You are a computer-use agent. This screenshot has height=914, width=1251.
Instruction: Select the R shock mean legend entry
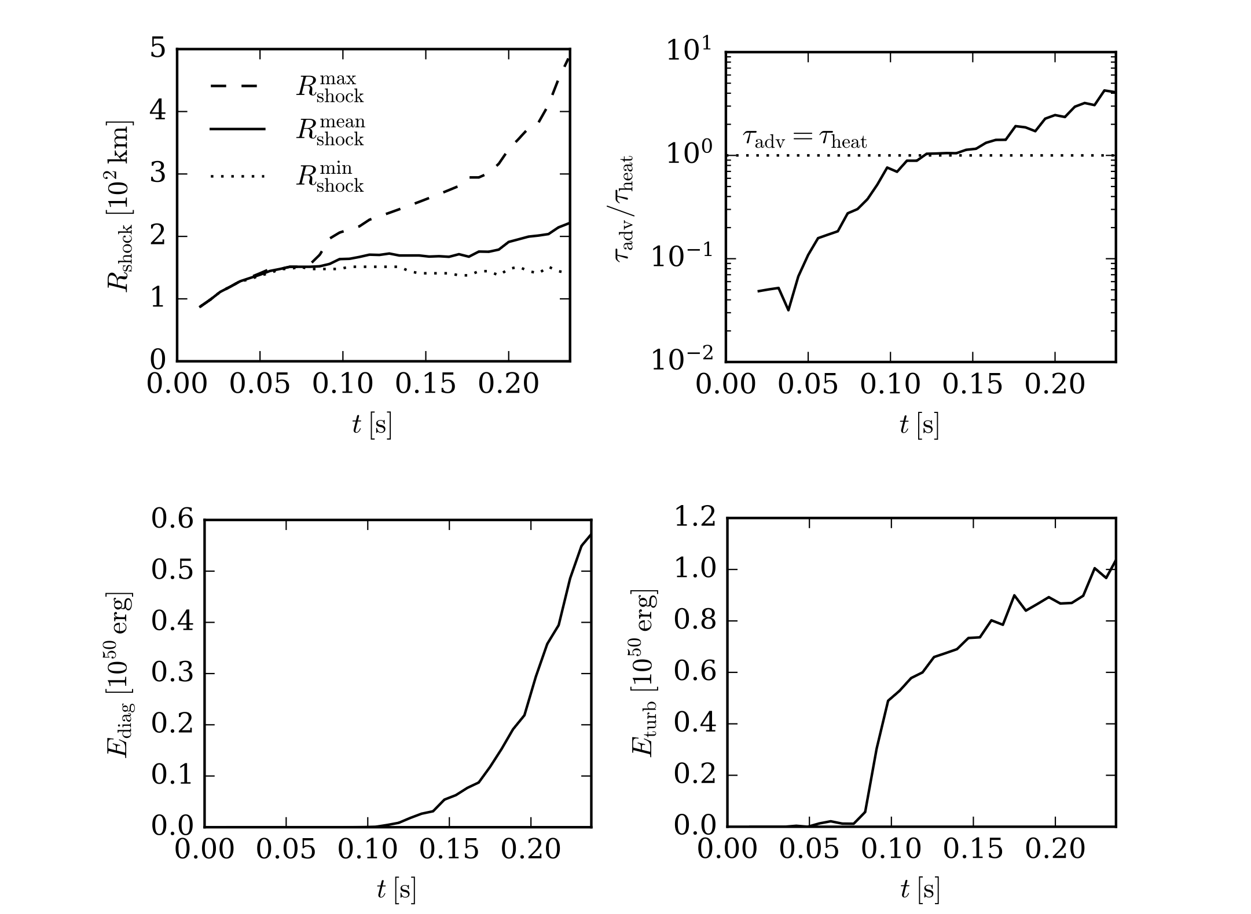[331, 131]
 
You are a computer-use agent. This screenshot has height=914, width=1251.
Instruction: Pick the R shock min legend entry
[331, 177]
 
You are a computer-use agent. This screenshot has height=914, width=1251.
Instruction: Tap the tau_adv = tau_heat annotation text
[805, 140]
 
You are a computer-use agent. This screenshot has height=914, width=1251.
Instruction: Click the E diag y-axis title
[120, 674]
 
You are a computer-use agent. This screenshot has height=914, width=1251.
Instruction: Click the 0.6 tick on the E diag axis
[172, 520]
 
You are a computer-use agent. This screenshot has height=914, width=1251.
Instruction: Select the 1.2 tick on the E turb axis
[695, 517]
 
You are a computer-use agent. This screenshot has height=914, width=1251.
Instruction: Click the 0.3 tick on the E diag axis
[172, 674]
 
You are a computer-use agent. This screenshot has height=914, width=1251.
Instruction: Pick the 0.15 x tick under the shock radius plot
[426, 384]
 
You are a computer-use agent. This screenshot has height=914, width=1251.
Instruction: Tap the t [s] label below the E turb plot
[920, 890]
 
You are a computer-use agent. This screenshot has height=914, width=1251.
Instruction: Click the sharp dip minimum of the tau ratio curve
[788, 310]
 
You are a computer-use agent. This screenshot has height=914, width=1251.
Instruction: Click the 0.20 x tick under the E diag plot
[531, 850]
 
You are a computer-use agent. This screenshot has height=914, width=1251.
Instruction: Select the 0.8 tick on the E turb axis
[695, 620]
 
